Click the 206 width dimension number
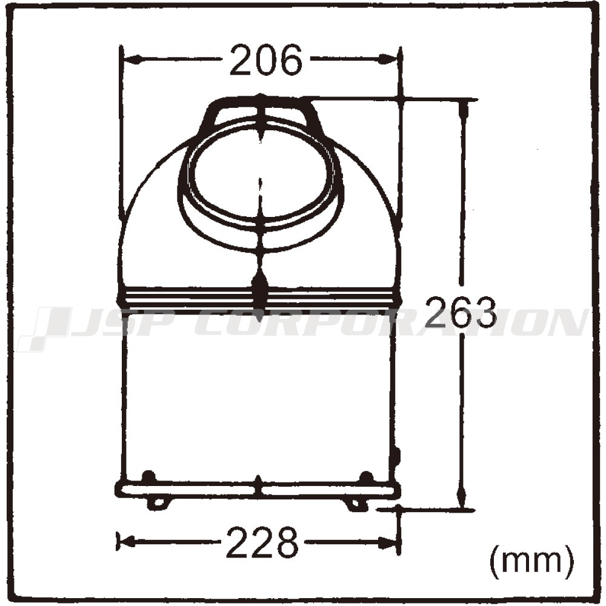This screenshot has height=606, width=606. click(265, 59)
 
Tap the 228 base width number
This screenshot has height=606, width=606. click(262, 542)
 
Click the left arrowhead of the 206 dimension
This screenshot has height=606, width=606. click(132, 59)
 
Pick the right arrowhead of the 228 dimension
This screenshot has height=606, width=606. click(388, 542)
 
